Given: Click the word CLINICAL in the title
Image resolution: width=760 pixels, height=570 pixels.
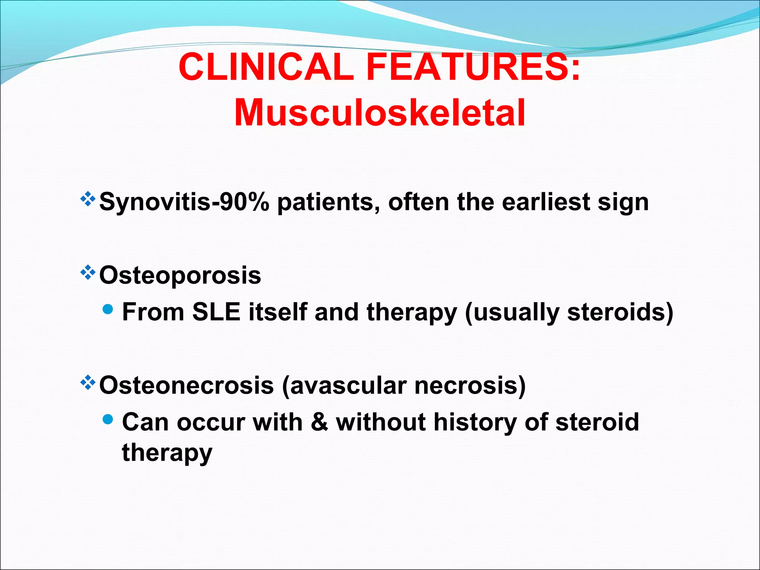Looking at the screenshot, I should [266, 67].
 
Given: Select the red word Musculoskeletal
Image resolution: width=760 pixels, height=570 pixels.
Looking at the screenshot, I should [380, 113].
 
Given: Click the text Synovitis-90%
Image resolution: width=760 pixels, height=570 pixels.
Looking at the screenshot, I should [184, 203].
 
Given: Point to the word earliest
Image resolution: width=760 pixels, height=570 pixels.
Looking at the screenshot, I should [546, 202].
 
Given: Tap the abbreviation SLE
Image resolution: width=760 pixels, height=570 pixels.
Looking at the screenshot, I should [216, 312].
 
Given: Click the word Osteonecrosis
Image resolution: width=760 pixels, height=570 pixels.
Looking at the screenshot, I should [186, 385].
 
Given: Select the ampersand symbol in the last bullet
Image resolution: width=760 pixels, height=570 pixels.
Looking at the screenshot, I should [320, 422].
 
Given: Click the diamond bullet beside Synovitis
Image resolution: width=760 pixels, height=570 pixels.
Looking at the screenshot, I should [88, 199].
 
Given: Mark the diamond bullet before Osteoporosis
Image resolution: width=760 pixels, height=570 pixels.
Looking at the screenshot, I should [88, 273].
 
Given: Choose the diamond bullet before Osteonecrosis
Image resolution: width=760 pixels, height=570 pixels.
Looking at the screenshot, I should [88, 383].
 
